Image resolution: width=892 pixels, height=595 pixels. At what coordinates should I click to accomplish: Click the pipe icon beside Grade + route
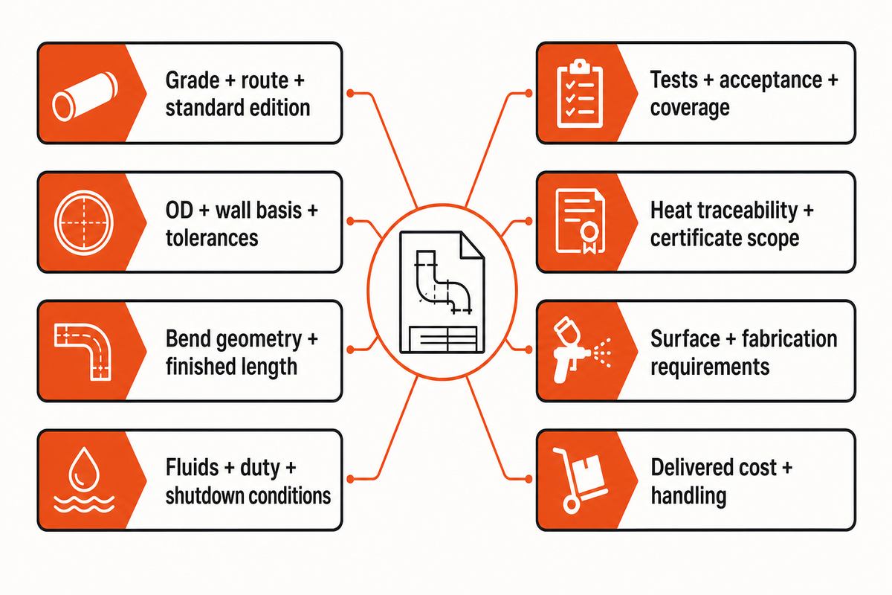85,97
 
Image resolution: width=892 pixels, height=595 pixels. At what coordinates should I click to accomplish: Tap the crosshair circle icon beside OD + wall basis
83,222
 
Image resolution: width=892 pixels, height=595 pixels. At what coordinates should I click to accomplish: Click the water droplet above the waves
84,469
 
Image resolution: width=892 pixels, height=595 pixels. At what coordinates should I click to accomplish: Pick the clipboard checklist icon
579,94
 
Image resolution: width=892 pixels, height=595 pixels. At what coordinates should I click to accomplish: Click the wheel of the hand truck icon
572,504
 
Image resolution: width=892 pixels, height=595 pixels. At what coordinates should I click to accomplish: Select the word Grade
193,80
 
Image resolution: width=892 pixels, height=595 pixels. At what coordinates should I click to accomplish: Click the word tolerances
212,238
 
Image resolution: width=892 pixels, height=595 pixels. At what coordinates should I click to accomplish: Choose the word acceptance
771,80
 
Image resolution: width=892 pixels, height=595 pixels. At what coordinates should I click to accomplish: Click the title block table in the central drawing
443,338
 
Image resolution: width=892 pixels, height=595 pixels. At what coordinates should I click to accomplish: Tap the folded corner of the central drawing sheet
472,245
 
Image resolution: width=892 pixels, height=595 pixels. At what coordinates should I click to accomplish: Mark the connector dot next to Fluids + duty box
350,479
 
